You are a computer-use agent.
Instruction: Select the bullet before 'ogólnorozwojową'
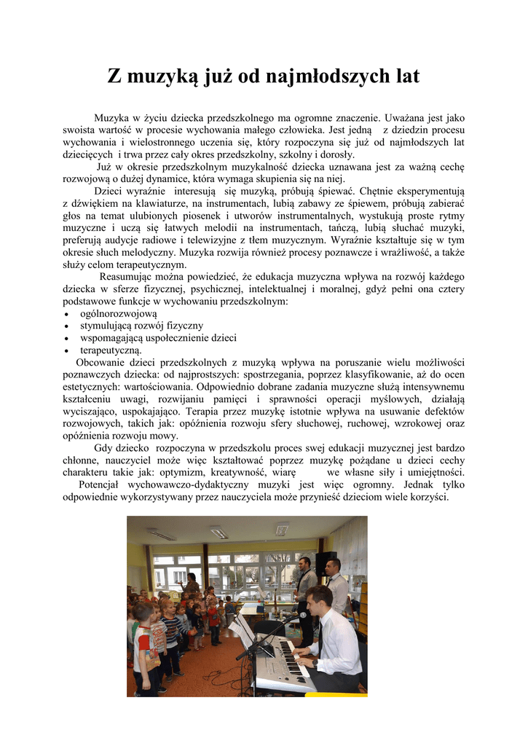[x=66, y=314]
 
